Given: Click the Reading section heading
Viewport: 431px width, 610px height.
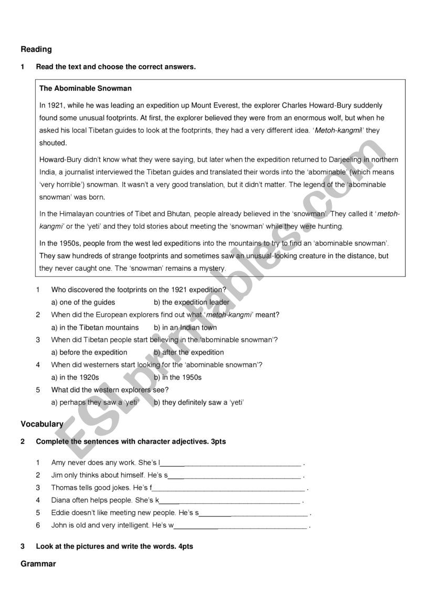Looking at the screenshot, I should tap(36, 49).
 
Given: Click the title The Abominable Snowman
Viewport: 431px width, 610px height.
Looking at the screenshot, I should tap(86, 88).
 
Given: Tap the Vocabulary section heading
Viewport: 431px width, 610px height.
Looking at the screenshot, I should tap(42, 423).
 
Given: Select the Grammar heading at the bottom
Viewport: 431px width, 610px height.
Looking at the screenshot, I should tap(38, 564).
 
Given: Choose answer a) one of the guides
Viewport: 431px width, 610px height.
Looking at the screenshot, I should tap(83, 302).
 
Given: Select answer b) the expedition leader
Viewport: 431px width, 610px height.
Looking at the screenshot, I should tap(192, 302).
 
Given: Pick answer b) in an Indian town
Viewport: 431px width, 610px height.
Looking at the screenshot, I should tap(185, 327).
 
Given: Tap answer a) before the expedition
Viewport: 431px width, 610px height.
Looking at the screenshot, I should tap(89, 353).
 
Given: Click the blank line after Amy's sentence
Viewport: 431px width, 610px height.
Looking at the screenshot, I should tap(231, 463).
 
